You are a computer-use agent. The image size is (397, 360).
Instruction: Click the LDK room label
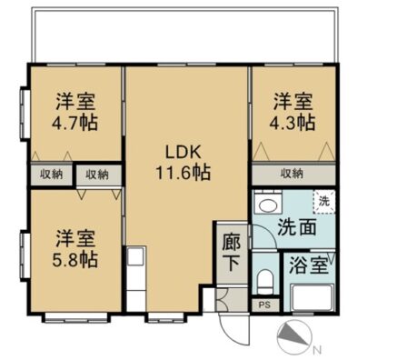(x=183, y=152)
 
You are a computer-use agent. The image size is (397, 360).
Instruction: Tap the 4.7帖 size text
(x=74, y=123)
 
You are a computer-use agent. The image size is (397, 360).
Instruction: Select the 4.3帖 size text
(x=293, y=123)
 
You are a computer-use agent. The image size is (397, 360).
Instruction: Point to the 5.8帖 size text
(x=75, y=260)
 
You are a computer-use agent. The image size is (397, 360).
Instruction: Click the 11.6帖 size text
(x=183, y=173)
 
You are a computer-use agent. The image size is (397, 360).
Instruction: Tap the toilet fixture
(x=265, y=281)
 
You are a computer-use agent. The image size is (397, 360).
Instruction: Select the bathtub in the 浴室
(x=313, y=297)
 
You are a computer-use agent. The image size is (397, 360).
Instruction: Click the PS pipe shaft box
(x=265, y=305)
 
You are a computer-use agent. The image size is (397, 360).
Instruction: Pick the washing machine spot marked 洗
(x=324, y=202)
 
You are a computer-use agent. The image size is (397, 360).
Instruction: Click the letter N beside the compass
(x=317, y=351)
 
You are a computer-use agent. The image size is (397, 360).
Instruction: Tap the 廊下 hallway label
(x=232, y=252)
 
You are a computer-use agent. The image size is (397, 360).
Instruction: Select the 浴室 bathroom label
(x=309, y=265)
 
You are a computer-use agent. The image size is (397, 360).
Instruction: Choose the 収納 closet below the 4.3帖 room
(x=293, y=174)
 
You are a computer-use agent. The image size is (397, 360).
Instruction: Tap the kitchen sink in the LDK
(x=135, y=257)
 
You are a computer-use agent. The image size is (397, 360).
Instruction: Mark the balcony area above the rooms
(x=184, y=35)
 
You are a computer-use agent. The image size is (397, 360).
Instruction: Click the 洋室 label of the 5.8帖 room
(x=75, y=238)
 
